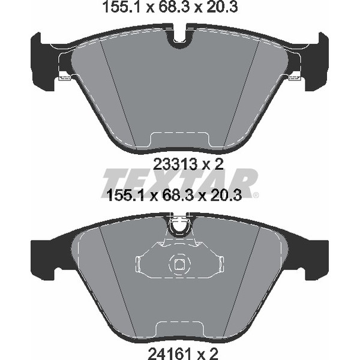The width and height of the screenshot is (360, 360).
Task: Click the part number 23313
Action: [175, 164]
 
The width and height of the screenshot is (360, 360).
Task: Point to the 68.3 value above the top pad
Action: [173, 7]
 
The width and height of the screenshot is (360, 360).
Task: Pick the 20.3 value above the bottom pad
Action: [225, 196]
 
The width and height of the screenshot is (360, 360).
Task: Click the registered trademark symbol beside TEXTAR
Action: [256, 195]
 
